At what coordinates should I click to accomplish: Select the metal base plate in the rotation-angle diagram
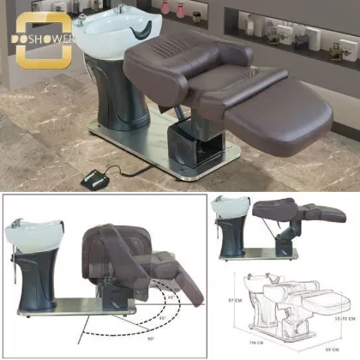coord(103,308)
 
